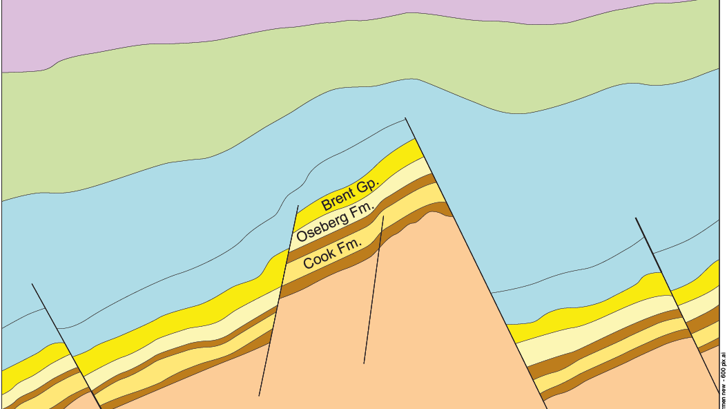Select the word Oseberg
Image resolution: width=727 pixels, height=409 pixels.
[x=320, y=227]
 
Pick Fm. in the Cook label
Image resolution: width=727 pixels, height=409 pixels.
[x=350, y=245]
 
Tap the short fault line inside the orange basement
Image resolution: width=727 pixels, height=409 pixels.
[x=374, y=290]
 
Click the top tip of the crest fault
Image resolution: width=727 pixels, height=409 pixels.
[x=405, y=118]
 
